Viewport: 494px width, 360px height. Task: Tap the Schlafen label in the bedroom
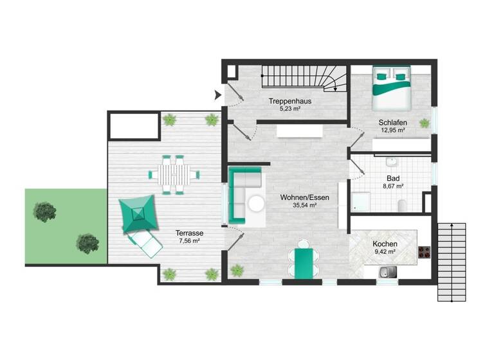392,122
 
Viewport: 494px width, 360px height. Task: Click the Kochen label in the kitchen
385,244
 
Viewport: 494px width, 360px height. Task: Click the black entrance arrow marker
218,96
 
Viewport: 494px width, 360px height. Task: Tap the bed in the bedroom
390,88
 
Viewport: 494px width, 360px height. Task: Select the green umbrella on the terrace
138,213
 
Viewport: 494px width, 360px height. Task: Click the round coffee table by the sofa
257,204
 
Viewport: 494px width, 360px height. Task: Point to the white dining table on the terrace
174,174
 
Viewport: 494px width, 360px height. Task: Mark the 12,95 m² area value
392,130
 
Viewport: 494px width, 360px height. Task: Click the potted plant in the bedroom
425,123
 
